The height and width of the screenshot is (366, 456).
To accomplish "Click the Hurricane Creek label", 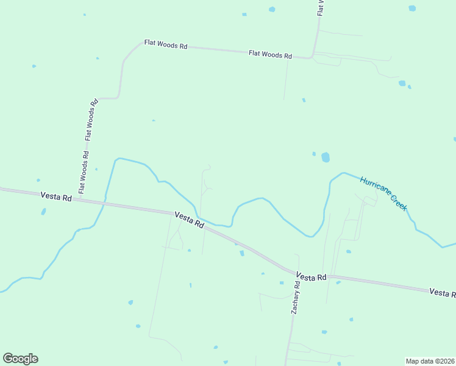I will coord(383,193).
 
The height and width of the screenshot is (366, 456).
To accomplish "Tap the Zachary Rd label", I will coord(296,297).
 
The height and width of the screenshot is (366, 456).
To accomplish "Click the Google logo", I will coord(20,359).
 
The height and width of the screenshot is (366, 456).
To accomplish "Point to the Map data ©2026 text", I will coord(430,361).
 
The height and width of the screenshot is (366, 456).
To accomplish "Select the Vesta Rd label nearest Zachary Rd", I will coord(312,277).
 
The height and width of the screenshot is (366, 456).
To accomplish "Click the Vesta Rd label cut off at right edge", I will coord(442,293).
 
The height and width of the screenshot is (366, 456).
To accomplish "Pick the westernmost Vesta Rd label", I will coord(56,196).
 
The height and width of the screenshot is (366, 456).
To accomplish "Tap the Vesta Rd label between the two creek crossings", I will coord(189,220).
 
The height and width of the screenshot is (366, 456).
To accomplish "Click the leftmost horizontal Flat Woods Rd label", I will coord(165,45).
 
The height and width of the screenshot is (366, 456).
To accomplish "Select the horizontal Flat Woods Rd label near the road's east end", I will coord(270,54).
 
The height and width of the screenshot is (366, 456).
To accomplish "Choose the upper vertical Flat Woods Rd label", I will coord(91,120).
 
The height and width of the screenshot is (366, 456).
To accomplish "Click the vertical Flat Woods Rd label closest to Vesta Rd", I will coord(84,171).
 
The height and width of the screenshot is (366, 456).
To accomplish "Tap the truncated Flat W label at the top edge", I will coord(320,7).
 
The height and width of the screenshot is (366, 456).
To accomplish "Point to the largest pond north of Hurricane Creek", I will coord(326,157).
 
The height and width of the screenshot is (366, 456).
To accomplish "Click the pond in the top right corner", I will coord(412,9).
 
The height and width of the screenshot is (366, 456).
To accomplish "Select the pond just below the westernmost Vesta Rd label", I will coord(43,212).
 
